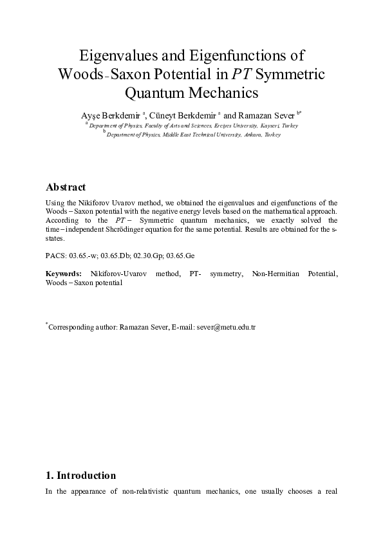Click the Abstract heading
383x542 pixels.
coord(66,187)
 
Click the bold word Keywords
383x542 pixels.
coord(63,274)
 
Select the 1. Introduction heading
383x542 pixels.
coord(81,476)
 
